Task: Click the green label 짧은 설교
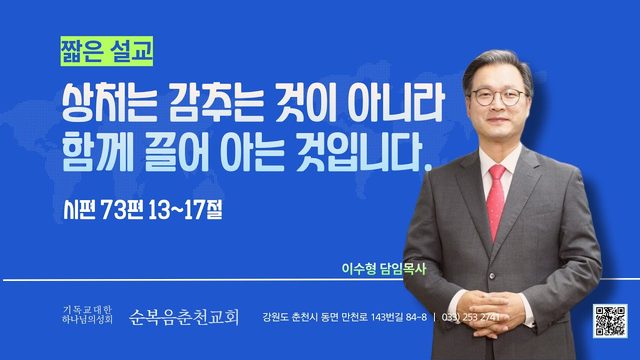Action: tap(107, 51)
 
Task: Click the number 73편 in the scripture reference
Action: tap(121, 210)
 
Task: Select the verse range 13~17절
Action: tap(185, 210)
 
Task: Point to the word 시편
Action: tap(79, 210)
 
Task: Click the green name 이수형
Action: tap(359, 269)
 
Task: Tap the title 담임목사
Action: tap(403, 269)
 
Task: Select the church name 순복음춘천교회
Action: tap(184, 317)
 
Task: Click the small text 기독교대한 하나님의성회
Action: tap(87, 315)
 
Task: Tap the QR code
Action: tap(610, 321)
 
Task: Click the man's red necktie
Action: tap(496, 200)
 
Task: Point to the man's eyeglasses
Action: tap(499, 97)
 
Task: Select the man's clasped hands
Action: tap(493, 313)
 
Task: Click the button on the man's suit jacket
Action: tap(492, 276)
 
